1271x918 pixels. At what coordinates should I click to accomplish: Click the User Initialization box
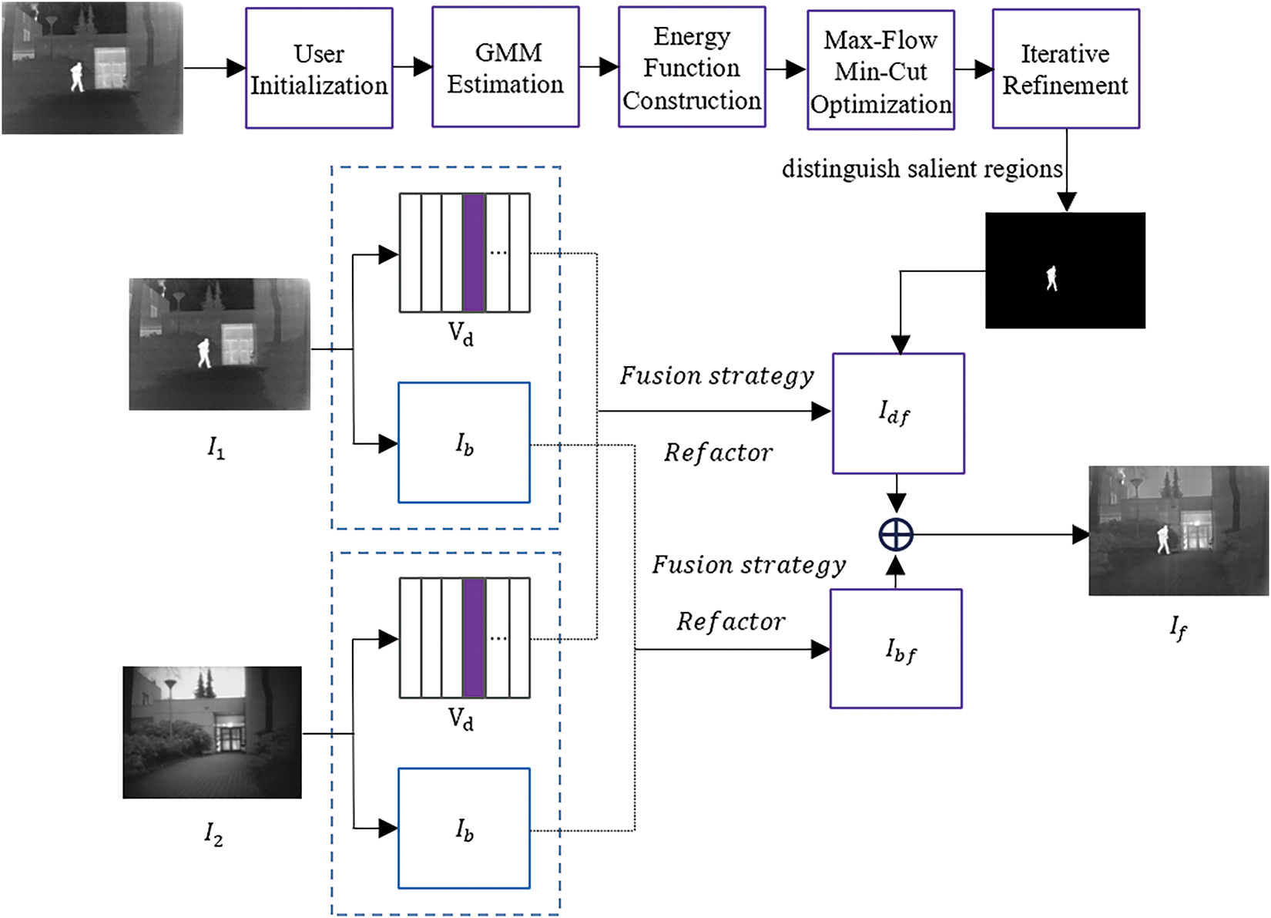coord(319,69)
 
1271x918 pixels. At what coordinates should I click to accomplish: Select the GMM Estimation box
coord(505,68)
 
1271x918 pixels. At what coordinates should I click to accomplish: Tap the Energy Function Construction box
coord(692,68)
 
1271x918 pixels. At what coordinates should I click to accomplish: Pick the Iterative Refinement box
coord(1065,69)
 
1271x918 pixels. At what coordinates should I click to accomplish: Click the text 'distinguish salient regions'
coord(922,169)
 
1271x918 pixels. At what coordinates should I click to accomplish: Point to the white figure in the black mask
coord(1051,277)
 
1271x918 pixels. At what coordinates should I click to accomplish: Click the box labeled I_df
coord(898,414)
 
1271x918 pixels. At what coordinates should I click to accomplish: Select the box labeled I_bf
coord(896,649)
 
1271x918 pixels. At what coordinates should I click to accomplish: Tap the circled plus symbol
coord(896,534)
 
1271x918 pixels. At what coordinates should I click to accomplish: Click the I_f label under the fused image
coord(1178,627)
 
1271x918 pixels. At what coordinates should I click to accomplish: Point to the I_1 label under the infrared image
coord(216,448)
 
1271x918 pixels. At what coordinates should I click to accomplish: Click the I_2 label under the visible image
coord(213,833)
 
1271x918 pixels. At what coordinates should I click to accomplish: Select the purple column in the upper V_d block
coord(474,253)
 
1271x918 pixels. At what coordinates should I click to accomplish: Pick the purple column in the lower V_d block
coord(474,638)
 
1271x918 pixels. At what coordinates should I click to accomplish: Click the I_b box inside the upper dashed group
coord(464,443)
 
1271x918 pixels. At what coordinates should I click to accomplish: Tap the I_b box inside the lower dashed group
coord(464,829)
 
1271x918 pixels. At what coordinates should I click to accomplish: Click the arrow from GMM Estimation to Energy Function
coord(599,68)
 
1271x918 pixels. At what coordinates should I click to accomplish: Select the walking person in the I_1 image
coord(204,352)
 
